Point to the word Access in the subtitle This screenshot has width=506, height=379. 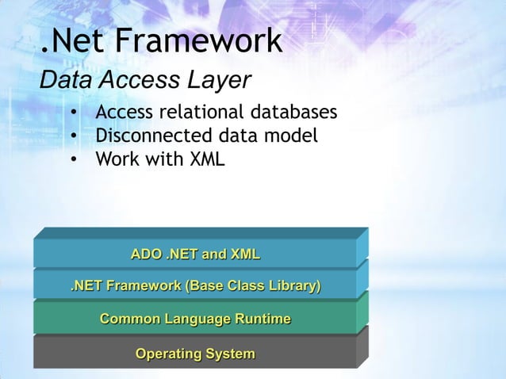coord(138,81)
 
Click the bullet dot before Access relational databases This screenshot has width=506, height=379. coord(73,113)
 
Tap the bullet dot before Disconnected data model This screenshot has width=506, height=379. coord(73,137)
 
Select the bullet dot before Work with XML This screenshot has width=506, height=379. coord(73,160)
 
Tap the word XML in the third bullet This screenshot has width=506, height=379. coord(205,159)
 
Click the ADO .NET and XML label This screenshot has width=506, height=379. coord(195,255)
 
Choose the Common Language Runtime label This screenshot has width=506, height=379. coord(195,320)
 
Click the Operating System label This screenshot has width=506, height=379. coord(195,353)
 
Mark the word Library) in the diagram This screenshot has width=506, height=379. coord(291,286)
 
